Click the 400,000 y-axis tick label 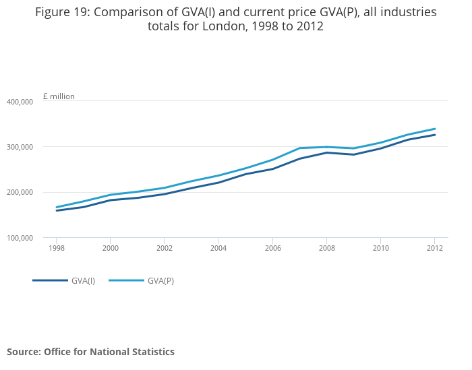point(20,101)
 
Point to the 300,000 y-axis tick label point(20,147)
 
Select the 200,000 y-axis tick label point(20,192)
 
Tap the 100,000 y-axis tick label point(20,238)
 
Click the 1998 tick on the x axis point(57,247)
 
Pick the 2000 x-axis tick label point(111,247)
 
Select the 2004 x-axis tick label point(218,247)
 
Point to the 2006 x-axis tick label point(272,247)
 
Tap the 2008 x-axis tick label point(326,247)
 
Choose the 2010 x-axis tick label point(380,247)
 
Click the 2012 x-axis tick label point(434,247)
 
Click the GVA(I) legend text point(83,280)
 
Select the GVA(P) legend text point(161,280)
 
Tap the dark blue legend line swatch point(50,280)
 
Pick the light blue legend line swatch point(126,280)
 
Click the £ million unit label point(59,96)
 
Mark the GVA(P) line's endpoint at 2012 point(435,129)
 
